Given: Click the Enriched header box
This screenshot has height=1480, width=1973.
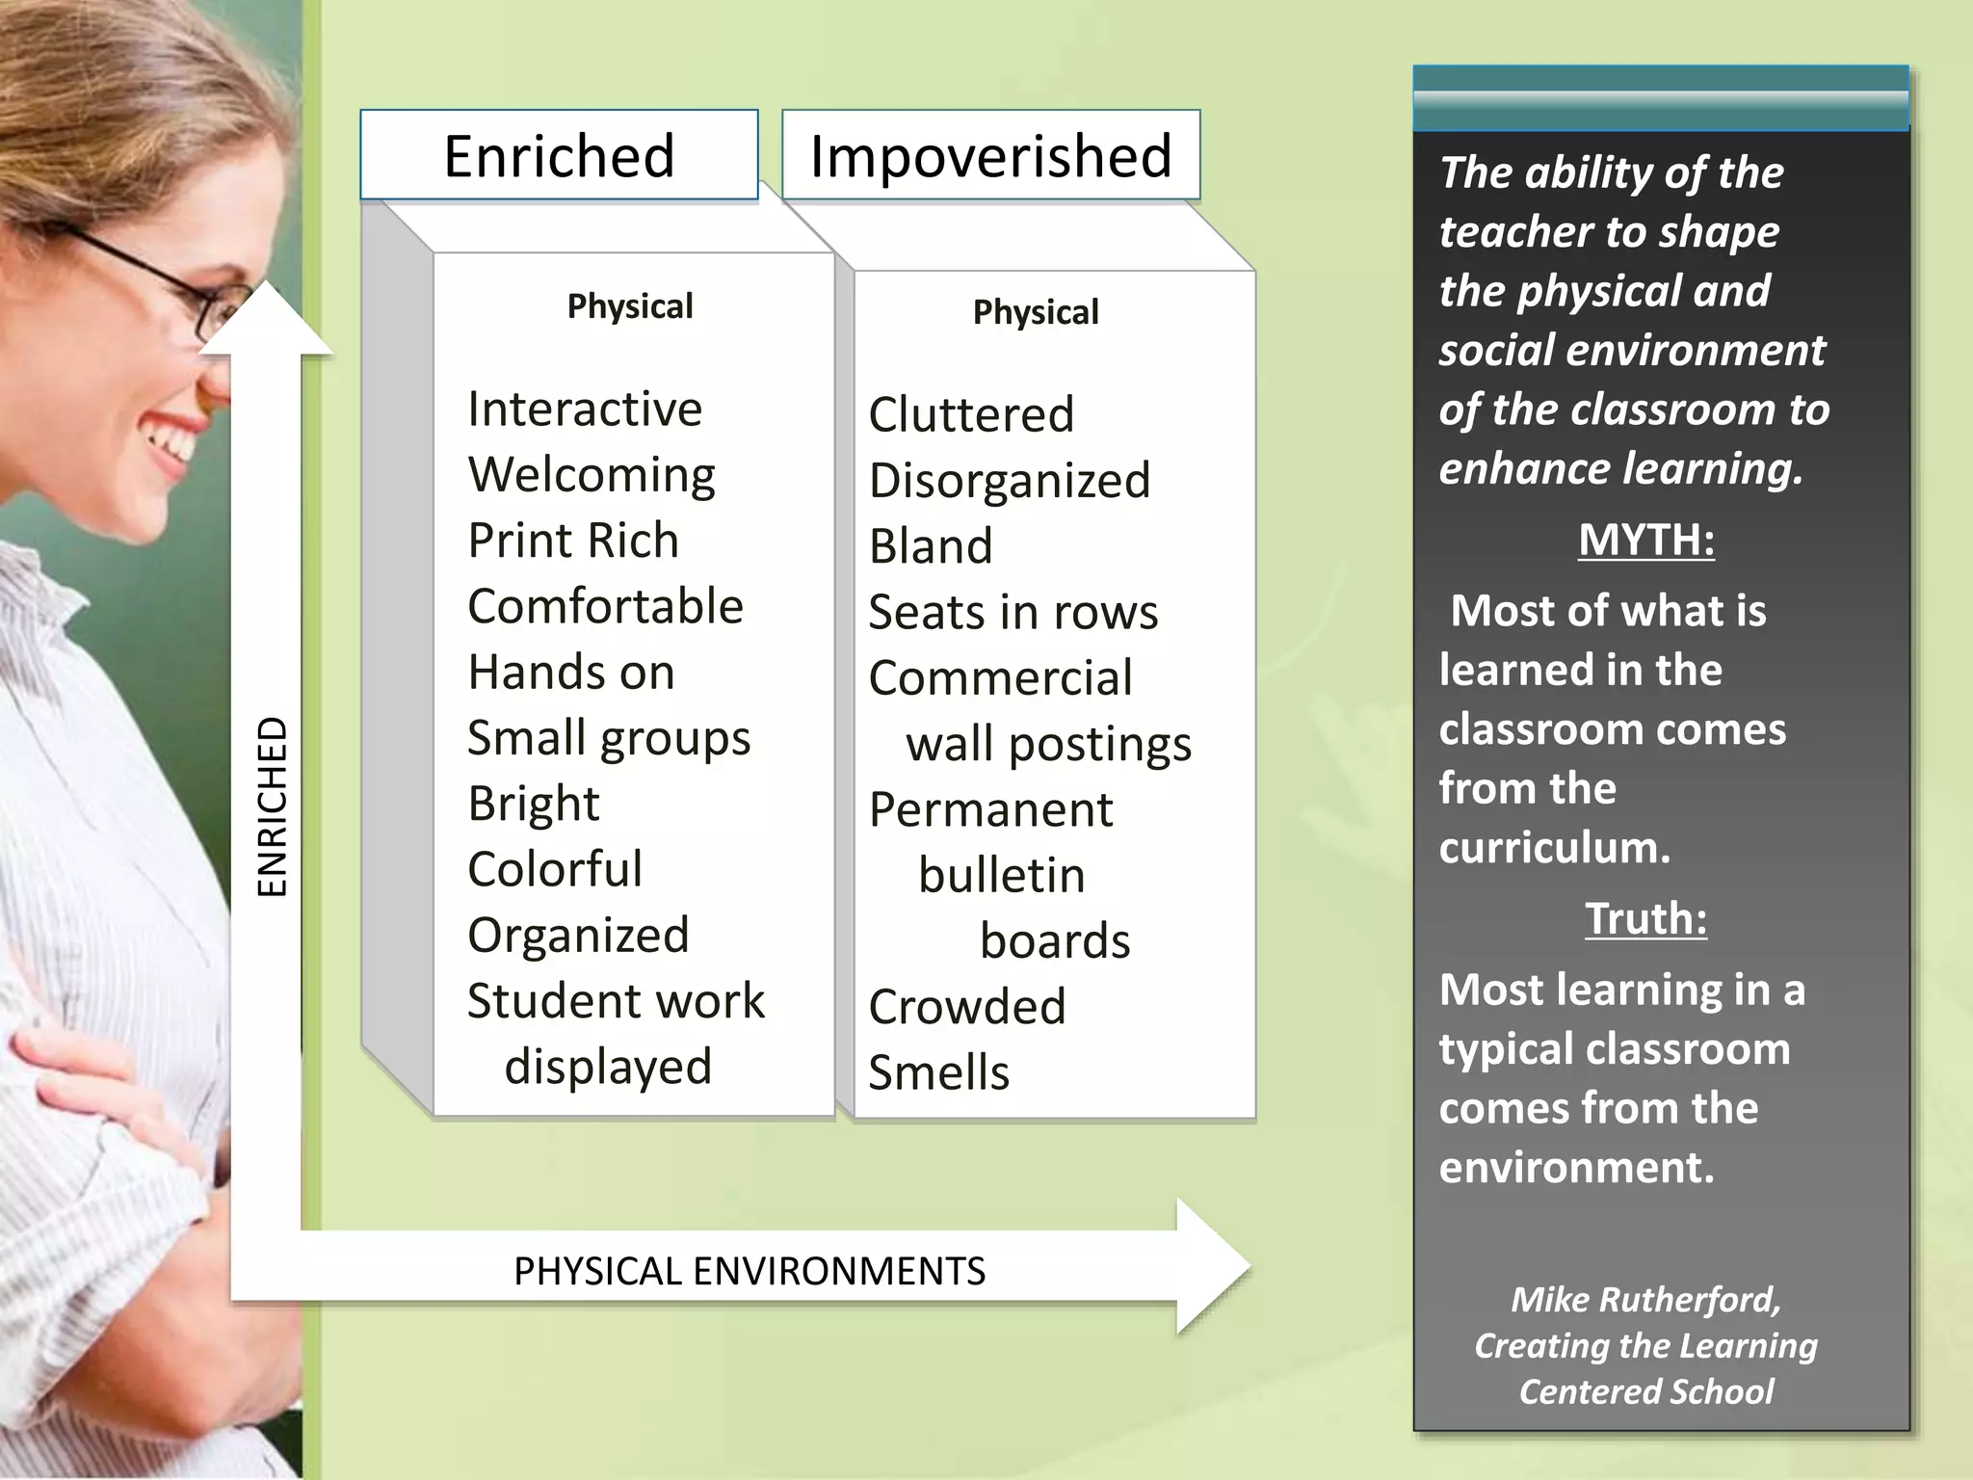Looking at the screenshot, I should pyautogui.click(x=559, y=155).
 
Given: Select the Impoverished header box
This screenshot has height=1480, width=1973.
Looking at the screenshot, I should pyautogui.click(x=990, y=155).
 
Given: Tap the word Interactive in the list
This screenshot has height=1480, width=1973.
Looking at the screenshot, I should pyautogui.click(x=585, y=409).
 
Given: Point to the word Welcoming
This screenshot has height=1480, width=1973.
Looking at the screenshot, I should pyautogui.click(x=592, y=475).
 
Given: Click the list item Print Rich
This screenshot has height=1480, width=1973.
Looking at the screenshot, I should pyautogui.click(x=573, y=541).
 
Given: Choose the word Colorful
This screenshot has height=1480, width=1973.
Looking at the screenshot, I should pyautogui.click(x=555, y=869).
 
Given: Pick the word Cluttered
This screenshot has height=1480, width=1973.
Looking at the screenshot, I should pyautogui.click(x=971, y=414).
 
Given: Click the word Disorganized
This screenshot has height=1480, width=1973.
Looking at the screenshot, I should pyautogui.click(x=1010, y=481).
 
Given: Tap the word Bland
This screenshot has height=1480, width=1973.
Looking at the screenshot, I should pyautogui.click(x=931, y=546).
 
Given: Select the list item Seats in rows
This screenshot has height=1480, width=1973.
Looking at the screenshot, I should pyautogui.click(x=1013, y=612).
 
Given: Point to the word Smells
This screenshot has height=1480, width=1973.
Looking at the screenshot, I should pyautogui.click(x=939, y=1072).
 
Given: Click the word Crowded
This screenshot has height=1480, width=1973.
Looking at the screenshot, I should pyautogui.click(x=967, y=1007).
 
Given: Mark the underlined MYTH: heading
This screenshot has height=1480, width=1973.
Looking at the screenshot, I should pyautogui.click(x=1646, y=540).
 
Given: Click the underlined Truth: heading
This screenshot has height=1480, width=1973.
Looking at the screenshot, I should pyautogui.click(x=1646, y=918).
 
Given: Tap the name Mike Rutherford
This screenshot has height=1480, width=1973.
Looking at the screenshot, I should pyautogui.click(x=1645, y=1299).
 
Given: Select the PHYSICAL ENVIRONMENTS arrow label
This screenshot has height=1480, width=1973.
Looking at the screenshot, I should pyautogui.click(x=750, y=1271).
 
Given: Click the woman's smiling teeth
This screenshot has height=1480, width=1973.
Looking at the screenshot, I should pyautogui.click(x=173, y=443).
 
